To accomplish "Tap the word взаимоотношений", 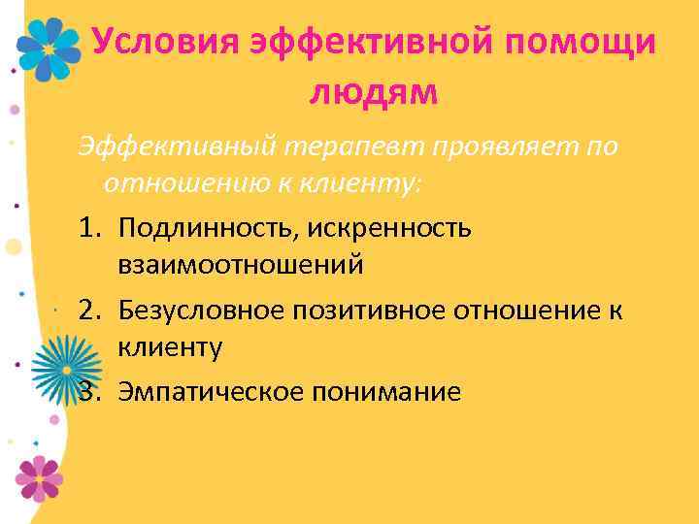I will coord(241,264).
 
